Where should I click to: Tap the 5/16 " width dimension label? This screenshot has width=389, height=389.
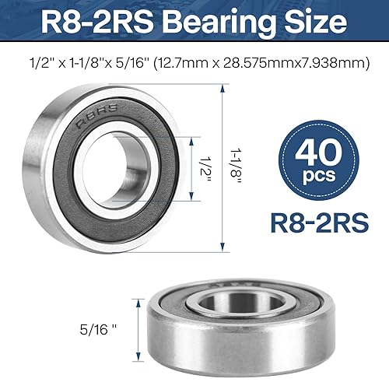pos(110,328)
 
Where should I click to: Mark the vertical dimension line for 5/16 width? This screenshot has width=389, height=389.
pos(139,328)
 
